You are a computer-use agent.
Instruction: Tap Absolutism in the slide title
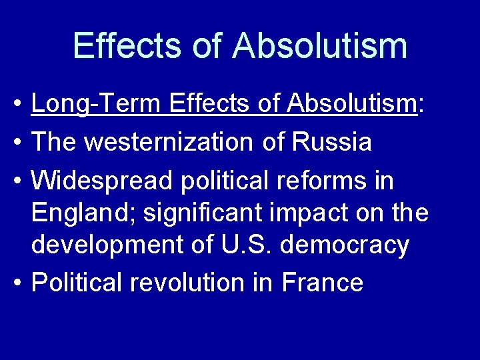pos(320,45)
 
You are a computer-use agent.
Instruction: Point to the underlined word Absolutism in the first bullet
pos(351,105)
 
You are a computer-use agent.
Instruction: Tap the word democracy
pos(345,245)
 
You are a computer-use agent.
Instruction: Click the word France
pos(323,282)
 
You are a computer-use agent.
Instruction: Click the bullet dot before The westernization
pos(21,143)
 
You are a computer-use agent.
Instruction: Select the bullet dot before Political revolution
pos(21,283)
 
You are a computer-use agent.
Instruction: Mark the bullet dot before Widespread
pos(21,181)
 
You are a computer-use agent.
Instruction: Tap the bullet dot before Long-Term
pos(21,105)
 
